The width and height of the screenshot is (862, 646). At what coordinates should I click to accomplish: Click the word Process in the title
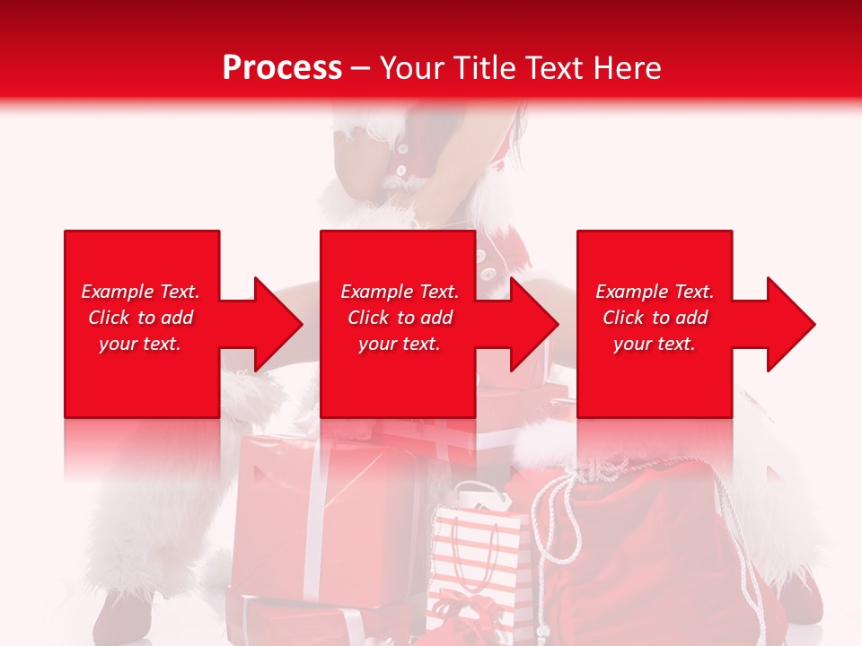point(282,68)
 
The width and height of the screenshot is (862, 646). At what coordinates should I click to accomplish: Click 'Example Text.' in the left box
point(140,292)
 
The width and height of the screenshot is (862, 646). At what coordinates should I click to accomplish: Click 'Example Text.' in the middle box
point(400,292)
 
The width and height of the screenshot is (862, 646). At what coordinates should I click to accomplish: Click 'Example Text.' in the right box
point(655,292)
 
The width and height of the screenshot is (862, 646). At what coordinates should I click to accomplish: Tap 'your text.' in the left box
point(140,344)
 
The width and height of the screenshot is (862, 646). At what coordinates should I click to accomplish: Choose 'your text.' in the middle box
point(400,344)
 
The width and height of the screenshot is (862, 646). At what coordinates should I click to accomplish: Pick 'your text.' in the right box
point(655,344)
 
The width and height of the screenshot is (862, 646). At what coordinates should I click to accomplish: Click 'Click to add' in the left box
point(140,318)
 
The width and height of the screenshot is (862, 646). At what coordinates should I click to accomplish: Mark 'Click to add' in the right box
point(655,318)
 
